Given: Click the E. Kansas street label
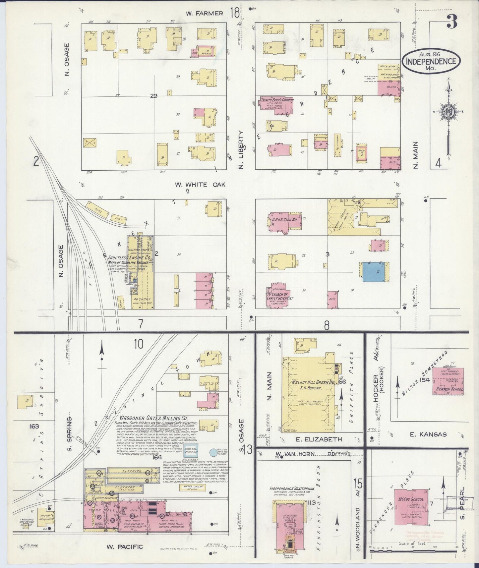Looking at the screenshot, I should click(x=428, y=434).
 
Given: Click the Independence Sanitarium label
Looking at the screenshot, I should click(x=292, y=488).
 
